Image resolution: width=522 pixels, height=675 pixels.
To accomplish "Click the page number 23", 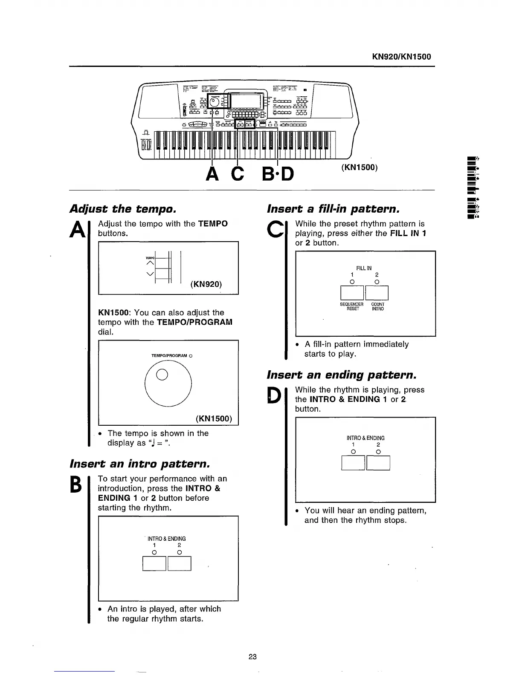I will click(x=252, y=657).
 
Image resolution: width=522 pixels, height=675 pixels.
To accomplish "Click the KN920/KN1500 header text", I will click(x=401, y=57).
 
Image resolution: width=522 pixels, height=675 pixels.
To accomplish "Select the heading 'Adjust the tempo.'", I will click(x=123, y=209).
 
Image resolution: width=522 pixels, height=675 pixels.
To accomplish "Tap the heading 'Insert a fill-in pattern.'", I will click(x=333, y=209).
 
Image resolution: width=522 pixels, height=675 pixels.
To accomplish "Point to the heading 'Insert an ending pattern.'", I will click(x=341, y=375).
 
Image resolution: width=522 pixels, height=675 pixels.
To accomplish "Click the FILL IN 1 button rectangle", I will click(x=352, y=293).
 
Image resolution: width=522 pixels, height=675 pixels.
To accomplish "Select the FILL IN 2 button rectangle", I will click(x=377, y=293).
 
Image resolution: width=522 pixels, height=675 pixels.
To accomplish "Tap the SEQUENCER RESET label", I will click(x=352, y=306).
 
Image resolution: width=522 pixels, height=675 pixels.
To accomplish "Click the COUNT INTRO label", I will click(x=378, y=306).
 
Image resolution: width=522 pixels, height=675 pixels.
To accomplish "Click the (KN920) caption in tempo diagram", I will click(x=206, y=284).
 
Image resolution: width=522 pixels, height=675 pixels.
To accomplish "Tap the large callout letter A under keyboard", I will click(x=213, y=173).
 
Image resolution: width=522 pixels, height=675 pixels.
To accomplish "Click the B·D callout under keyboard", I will click(x=278, y=173).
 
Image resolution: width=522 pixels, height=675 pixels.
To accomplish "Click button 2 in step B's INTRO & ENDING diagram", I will click(x=180, y=563).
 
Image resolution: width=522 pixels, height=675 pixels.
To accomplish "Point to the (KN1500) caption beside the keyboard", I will click(x=360, y=167).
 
